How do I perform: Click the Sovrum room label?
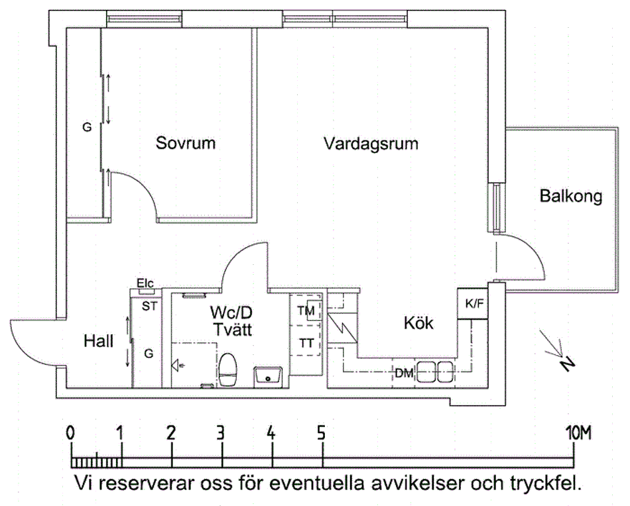[186, 142]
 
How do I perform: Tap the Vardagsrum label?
[371, 143]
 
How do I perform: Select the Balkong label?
[570, 197]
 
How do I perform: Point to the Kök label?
[418, 324]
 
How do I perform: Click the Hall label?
[98, 341]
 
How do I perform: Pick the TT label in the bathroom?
[306, 343]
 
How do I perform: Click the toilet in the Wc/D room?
[229, 370]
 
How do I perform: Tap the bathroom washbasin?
[269, 376]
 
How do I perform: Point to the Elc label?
[145, 283]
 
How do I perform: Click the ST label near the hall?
[149, 305]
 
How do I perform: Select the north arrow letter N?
[566, 364]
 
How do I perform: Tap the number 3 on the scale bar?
[221, 434]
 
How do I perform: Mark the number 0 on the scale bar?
[70, 434]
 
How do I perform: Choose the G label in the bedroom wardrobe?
[86, 128]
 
